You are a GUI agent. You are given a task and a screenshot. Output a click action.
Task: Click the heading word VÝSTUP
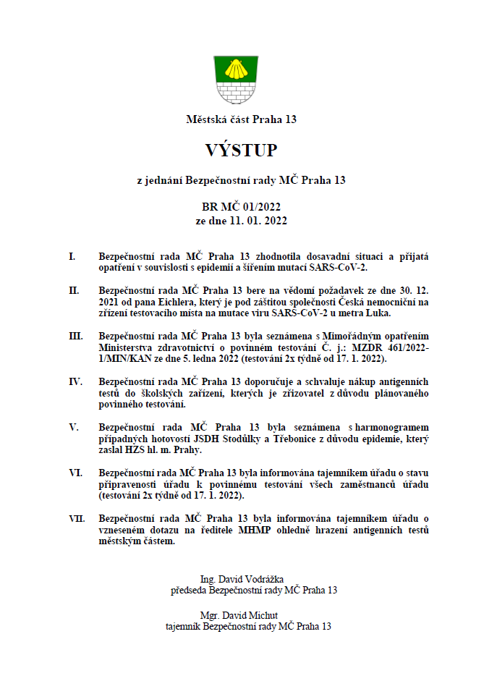(241, 150)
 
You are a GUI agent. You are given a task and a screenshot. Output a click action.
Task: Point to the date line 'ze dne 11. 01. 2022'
(241, 220)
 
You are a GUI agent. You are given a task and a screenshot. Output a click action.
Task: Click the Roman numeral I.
(72, 256)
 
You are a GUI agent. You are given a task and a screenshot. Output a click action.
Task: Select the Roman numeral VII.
(77, 518)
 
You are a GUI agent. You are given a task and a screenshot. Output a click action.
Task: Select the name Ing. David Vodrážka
(241, 579)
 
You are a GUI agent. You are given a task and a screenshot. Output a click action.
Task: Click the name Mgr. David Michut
(241, 614)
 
